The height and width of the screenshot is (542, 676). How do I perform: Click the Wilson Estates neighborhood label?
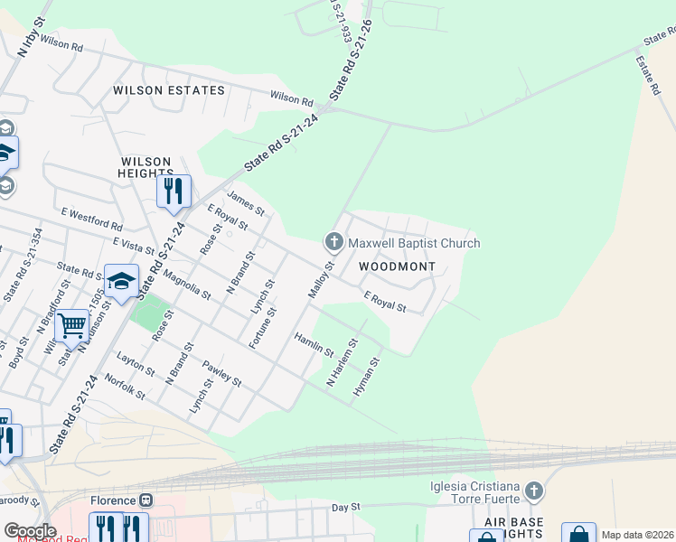pyautogui.click(x=168, y=90)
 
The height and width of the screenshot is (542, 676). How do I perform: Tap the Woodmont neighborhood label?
pyautogui.click(x=397, y=266)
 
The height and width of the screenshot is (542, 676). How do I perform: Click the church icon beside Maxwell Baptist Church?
pyautogui.click(x=333, y=242)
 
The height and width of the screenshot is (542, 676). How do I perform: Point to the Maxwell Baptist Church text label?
pyautogui.click(x=414, y=243)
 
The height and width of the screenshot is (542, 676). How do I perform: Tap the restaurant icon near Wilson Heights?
pyautogui.click(x=174, y=192)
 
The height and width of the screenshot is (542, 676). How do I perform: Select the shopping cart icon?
pyautogui.click(x=72, y=324)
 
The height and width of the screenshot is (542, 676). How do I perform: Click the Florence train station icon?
pyautogui.click(x=146, y=500)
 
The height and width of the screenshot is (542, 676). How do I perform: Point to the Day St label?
pyautogui.click(x=346, y=508)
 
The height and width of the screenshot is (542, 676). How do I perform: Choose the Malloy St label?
pyautogui.click(x=321, y=275)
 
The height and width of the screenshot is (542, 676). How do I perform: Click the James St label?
pyautogui.click(x=246, y=202)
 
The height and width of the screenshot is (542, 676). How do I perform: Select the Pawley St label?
pyautogui.click(x=221, y=373)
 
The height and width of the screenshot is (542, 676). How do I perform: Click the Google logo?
pyautogui.click(x=29, y=530)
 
